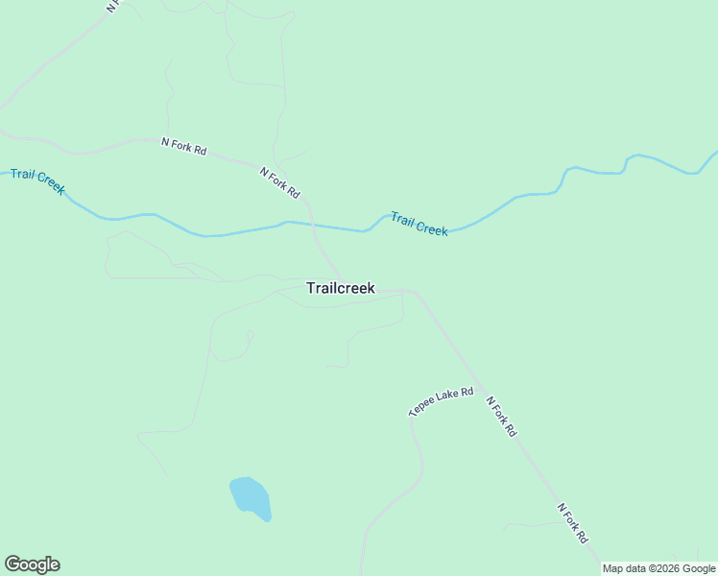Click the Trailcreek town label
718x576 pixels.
point(340,288)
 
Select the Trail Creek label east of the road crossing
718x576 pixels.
point(419,225)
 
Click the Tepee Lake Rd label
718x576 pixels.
point(441,401)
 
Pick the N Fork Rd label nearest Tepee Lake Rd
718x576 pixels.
point(501,418)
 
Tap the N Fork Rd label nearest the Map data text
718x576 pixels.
point(572,523)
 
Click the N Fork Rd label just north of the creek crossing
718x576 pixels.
point(279,182)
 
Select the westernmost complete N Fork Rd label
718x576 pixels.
point(183,147)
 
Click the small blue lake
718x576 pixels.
point(250,497)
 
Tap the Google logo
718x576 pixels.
point(32,564)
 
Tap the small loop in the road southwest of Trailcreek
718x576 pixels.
point(249,336)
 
